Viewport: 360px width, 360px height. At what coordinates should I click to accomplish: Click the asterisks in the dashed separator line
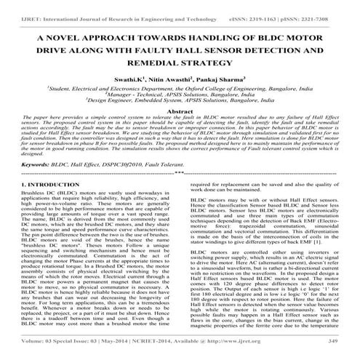180,175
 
